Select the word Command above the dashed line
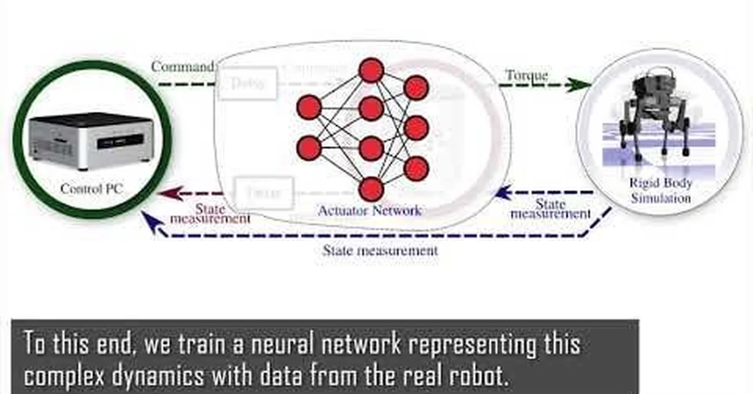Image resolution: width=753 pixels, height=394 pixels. coord(183,66)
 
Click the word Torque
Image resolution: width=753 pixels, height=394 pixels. coord(526,75)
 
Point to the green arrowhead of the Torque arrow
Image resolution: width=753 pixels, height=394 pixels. coord(574,84)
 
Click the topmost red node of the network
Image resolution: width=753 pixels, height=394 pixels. coord(371,70)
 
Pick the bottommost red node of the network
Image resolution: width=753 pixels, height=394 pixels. coord(371,189)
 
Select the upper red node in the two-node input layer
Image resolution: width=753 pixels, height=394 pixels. coord(309,107)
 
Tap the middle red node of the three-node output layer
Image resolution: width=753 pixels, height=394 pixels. coord(416,128)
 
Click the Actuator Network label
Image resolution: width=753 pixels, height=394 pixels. coord(370,210)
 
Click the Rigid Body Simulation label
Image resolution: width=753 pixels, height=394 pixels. coord(661,190)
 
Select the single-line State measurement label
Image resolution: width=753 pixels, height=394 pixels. coord(380,250)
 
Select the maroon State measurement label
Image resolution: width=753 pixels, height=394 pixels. coord(210,214)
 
